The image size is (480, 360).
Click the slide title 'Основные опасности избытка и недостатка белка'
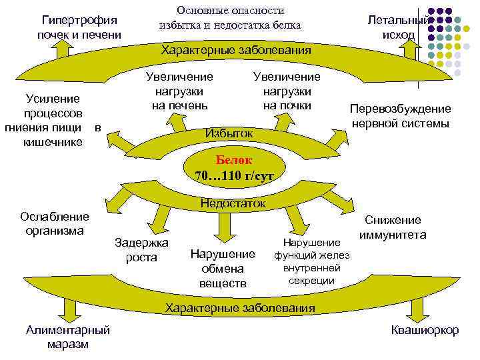(x=230, y=18)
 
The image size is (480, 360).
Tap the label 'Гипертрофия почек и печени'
(x=79, y=27)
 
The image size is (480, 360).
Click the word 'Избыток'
(x=229, y=133)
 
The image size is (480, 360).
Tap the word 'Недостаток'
(x=233, y=203)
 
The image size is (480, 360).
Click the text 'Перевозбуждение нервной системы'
(x=401, y=116)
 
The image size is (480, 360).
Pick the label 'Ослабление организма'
(x=55, y=224)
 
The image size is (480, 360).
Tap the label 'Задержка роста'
(x=141, y=249)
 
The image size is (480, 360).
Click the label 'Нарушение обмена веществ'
(x=223, y=269)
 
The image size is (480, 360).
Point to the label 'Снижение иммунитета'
(x=393, y=227)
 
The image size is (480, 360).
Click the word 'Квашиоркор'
(x=425, y=330)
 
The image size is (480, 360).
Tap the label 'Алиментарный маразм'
(x=68, y=337)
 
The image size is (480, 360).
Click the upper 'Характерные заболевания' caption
(x=237, y=51)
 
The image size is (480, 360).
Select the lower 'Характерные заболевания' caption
(x=240, y=307)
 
